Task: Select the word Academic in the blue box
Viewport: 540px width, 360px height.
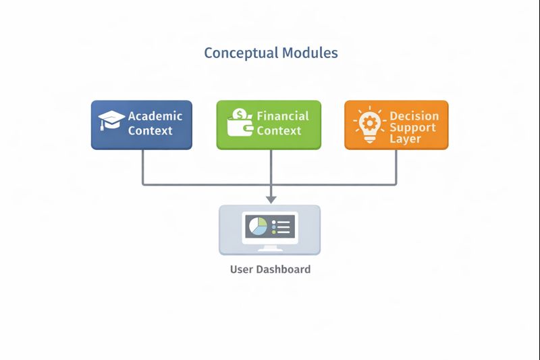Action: [x=155, y=115]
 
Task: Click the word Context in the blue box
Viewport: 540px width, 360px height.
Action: [x=151, y=130]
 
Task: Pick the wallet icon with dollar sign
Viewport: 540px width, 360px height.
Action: [x=240, y=122]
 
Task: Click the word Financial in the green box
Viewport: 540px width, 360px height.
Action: [x=283, y=115]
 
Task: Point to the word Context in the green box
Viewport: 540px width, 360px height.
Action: [x=279, y=130]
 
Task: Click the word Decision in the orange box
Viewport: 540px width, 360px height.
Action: [x=414, y=115]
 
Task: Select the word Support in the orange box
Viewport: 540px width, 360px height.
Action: [x=412, y=127]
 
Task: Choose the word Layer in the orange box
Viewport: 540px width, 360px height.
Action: [x=405, y=138]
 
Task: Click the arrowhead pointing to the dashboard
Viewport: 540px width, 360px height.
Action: [x=271, y=199]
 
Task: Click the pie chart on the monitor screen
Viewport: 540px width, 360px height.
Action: [x=257, y=226]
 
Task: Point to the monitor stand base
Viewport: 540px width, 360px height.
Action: [x=270, y=249]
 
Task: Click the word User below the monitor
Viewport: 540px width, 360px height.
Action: [x=242, y=269]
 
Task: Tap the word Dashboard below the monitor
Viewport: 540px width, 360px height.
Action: [x=283, y=269]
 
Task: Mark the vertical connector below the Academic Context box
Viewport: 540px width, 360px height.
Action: [x=142, y=165]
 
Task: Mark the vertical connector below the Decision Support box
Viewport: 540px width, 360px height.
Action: [x=396, y=165]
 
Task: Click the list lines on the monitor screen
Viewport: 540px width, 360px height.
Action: [x=281, y=226]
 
